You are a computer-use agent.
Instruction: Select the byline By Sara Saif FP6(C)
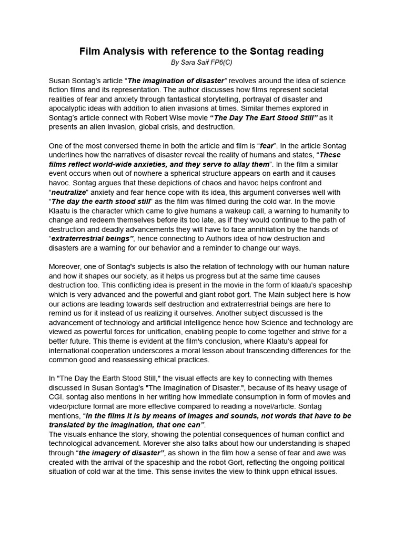coord(202,62)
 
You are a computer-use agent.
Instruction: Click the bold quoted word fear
coord(267,145)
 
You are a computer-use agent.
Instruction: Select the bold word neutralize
coord(68,192)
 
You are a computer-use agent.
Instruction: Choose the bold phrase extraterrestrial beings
coord(90,238)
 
